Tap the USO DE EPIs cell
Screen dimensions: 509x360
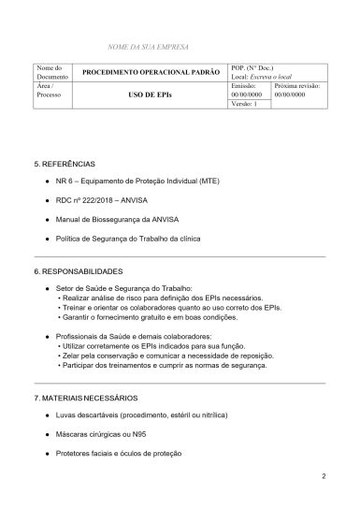[x=151, y=95]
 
